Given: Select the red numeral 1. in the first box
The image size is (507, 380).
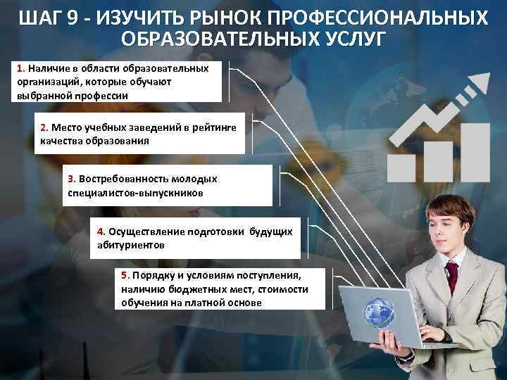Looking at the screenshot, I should [21, 69].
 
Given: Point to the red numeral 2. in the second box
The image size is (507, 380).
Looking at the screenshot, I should [44, 127].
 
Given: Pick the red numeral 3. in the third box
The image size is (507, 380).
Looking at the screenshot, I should [71, 179].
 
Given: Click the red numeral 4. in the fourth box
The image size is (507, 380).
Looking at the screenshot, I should [101, 232].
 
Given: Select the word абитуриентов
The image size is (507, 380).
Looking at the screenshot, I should [130, 245].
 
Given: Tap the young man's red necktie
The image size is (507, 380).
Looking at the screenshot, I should [451, 277].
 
